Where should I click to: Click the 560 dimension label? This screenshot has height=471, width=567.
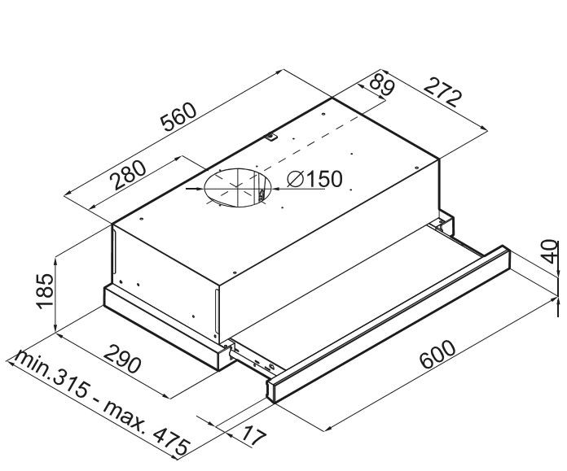point(179,116)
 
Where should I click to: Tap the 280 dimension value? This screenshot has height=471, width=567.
point(129,175)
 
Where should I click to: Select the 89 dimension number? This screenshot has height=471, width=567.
point(382,84)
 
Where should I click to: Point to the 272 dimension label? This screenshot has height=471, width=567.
point(443,92)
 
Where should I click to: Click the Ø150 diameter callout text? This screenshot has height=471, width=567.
point(314,179)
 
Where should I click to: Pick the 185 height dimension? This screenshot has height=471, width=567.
point(45,291)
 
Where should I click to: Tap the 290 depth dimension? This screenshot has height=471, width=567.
point(122,359)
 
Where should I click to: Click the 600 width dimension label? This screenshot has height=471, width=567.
point(437,354)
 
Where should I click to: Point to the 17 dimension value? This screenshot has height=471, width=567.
point(254,435)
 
